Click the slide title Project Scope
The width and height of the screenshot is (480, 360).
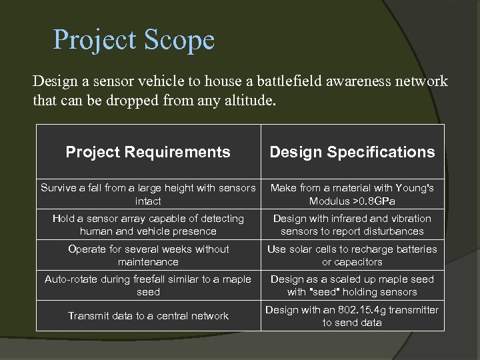134,40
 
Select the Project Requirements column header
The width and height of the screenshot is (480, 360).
148,152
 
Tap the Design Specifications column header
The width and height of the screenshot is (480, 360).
351,152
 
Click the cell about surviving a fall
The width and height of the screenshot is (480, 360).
148,194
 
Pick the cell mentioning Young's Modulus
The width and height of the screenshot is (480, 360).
351,194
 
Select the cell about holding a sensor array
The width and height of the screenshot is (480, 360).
148,225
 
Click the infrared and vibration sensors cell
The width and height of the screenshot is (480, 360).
351,225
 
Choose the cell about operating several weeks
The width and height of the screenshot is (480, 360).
148,255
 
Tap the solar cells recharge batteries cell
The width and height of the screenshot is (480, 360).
351,255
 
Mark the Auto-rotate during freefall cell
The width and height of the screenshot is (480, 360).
148,285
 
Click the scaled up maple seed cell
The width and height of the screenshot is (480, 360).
351,285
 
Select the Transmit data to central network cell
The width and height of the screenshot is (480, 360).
148,316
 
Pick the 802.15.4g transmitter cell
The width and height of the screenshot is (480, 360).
351,316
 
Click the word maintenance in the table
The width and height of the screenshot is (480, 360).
148,262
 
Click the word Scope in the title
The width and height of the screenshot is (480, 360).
178,40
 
